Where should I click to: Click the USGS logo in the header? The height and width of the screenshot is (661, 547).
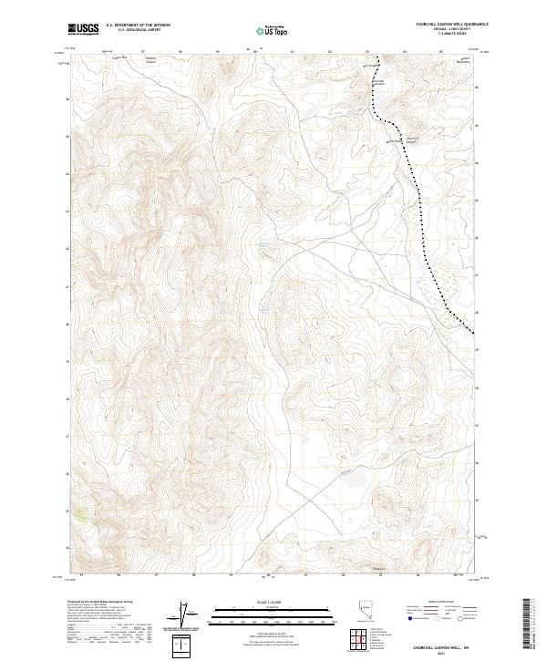(x=83, y=29)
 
